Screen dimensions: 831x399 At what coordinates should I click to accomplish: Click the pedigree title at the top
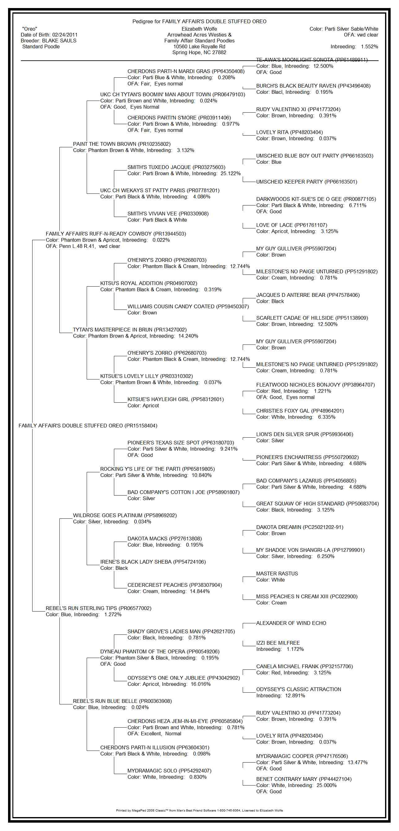coord(199,22)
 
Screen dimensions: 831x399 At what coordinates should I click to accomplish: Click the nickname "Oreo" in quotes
coord(30,29)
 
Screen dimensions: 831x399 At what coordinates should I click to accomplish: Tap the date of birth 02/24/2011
coord(65,35)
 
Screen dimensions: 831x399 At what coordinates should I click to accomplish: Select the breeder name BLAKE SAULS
coord(59,41)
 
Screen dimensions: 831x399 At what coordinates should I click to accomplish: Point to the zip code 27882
coord(219,53)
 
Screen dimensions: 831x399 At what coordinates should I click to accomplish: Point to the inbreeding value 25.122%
coord(230,174)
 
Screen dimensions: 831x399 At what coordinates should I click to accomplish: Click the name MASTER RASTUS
coord(277,573)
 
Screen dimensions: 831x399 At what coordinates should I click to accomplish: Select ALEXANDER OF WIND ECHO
coord(291,623)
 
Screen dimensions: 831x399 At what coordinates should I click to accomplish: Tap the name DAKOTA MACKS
coord(148,539)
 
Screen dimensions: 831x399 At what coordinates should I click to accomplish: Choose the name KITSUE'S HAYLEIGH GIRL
coord(159,399)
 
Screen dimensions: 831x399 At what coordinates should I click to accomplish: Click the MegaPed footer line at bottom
coord(199,810)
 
